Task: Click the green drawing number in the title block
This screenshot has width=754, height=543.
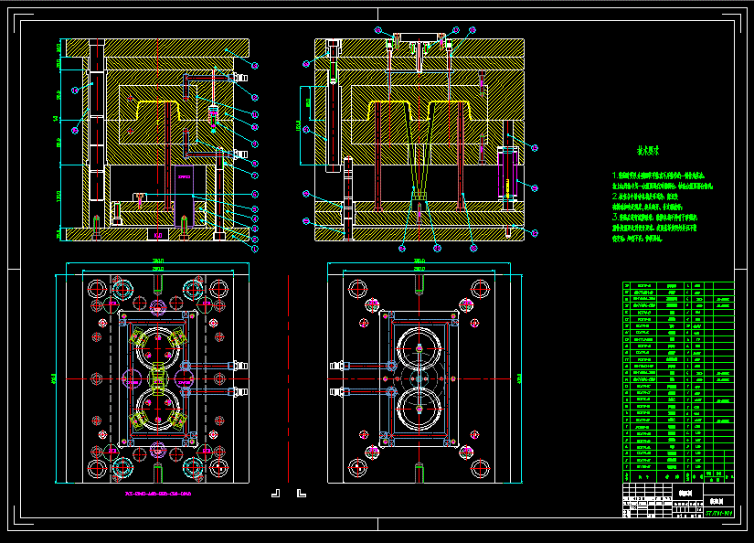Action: point(719,515)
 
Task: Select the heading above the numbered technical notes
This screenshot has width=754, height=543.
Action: point(648,152)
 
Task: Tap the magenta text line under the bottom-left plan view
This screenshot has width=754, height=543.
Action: point(158,495)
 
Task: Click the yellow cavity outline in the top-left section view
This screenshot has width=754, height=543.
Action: point(160,110)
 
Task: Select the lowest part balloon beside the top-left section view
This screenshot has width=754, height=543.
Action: point(255,250)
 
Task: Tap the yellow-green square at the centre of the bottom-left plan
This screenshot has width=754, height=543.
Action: point(158,377)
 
